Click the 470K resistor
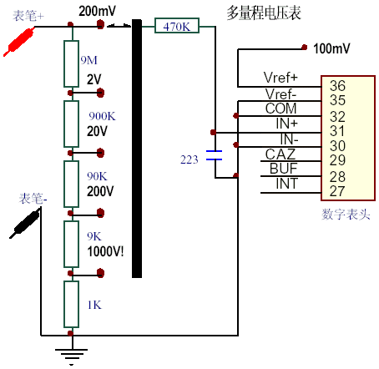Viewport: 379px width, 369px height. point(177,27)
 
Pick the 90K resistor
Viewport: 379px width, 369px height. point(71,181)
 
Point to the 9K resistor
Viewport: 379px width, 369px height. point(71,241)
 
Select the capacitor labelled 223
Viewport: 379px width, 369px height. point(215,155)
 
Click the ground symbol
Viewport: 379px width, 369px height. point(71,355)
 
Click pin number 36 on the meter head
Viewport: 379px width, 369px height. point(337,86)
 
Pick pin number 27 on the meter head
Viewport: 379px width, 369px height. point(337,190)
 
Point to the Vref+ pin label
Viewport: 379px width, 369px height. point(280,77)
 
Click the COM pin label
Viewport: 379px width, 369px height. point(281,109)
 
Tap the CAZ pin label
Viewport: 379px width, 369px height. point(280,153)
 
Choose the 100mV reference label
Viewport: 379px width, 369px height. point(332,48)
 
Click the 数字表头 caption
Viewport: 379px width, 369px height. point(343,215)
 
